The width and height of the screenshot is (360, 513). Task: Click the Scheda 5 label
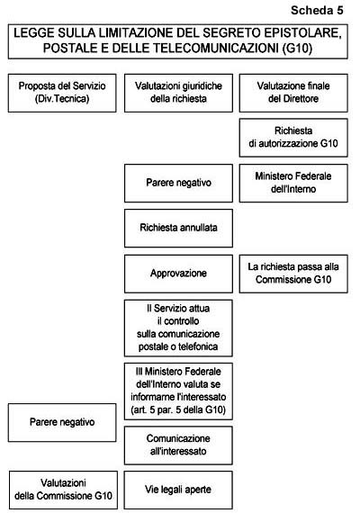[317, 10]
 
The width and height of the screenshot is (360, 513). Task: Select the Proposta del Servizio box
[62, 93]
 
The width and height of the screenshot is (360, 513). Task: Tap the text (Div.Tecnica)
[62, 99]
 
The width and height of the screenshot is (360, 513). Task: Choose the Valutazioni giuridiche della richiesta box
[178, 93]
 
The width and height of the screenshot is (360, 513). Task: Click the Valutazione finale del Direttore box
[293, 93]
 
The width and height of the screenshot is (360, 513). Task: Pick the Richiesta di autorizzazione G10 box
[293, 138]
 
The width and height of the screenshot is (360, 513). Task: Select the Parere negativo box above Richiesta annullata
[178, 183]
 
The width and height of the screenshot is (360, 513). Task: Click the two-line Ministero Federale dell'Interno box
[293, 183]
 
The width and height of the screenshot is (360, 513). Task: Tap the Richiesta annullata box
[178, 228]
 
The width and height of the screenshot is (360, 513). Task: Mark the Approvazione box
[178, 274]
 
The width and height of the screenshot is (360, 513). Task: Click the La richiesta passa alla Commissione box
[293, 274]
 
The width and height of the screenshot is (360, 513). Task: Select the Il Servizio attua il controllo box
[178, 328]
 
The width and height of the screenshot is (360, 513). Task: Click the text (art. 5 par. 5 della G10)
[178, 409]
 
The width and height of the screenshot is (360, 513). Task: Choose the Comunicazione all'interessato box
[178, 445]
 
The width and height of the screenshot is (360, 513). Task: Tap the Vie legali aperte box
[178, 490]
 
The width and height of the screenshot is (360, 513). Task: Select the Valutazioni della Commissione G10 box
[63, 490]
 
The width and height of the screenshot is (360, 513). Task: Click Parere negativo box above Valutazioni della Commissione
[62, 422]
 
